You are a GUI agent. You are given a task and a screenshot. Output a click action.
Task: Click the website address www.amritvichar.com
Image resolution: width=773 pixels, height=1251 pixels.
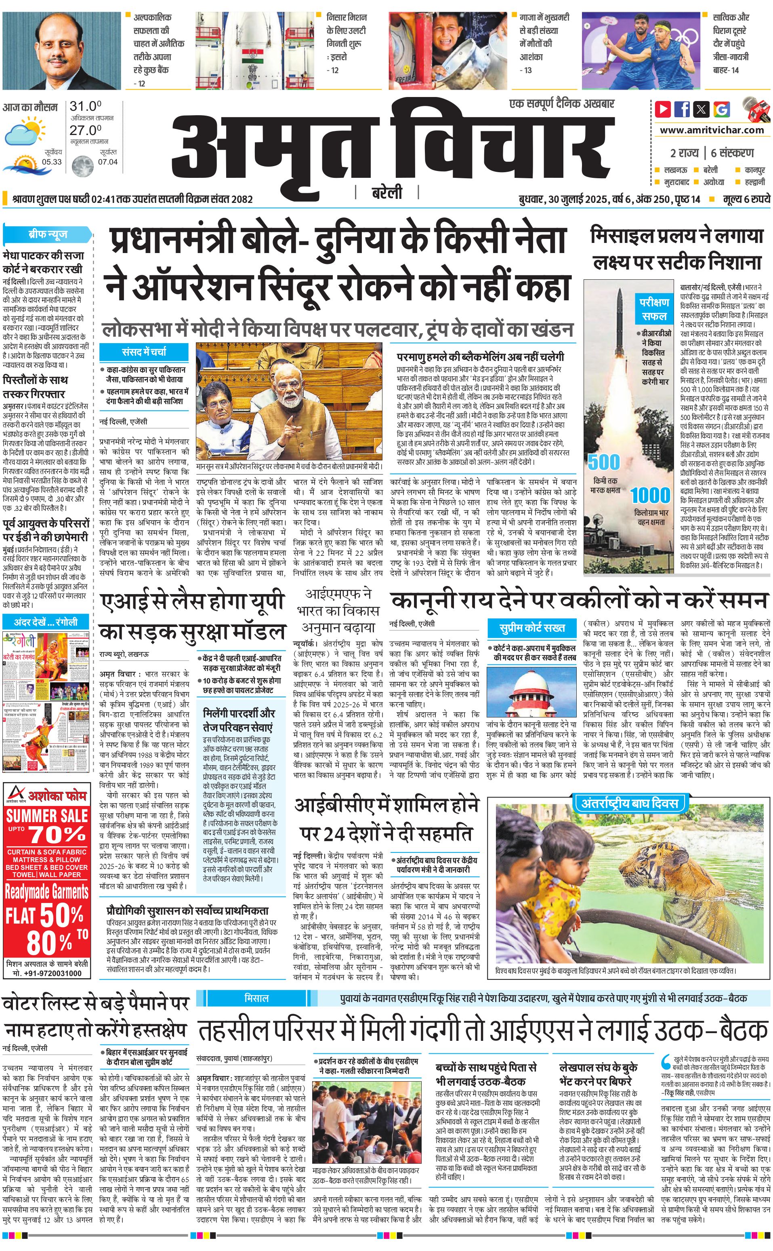[712, 130]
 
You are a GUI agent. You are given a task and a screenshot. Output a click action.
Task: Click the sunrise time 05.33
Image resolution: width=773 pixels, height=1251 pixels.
[52, 162]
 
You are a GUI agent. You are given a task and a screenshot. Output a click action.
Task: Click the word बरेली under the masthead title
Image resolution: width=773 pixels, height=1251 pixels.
[386, 192]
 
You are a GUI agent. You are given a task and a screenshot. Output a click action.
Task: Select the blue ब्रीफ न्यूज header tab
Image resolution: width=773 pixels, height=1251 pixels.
[48, 234]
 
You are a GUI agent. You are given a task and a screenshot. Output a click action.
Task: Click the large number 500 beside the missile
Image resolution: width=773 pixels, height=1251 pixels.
[603, 462]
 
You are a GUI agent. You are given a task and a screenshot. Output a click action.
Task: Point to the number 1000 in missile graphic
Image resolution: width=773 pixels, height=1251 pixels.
[650, 495]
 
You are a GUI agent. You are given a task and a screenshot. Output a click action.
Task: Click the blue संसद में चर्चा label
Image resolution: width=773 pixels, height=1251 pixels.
[144, 352]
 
